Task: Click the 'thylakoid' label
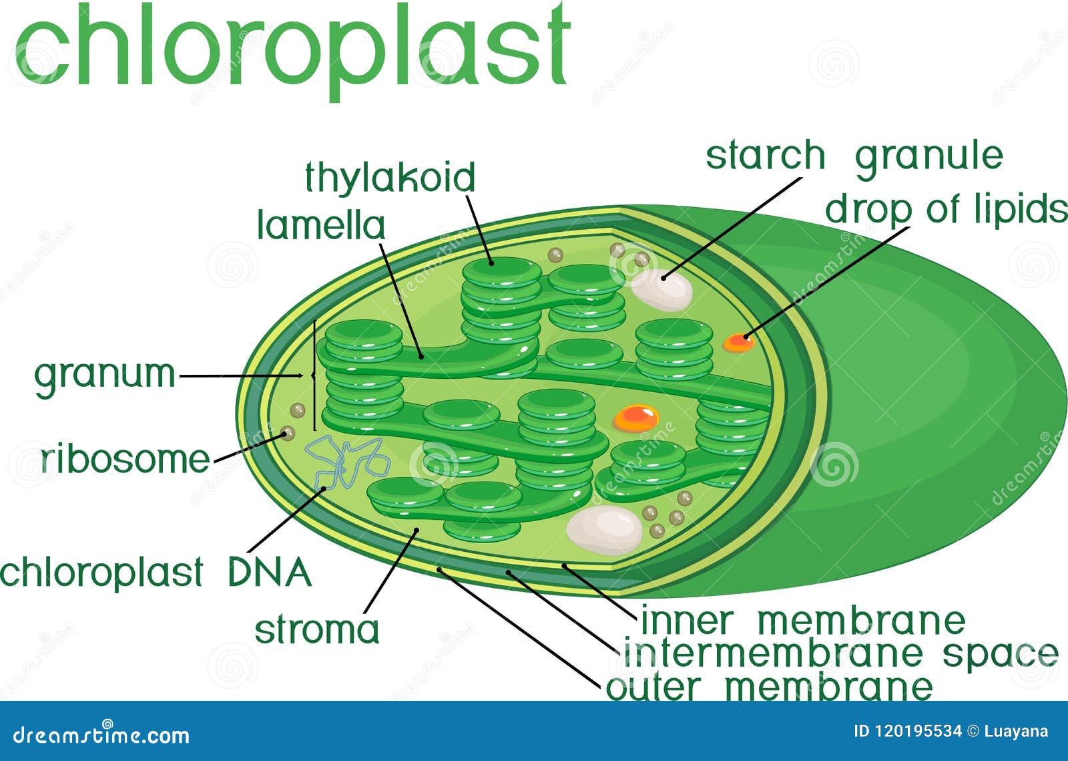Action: coord(390,177)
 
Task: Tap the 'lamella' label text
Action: coord(321,225)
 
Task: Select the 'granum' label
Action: coord(105,374)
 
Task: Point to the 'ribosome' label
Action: coord(125,460)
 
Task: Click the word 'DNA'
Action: coord(270,573)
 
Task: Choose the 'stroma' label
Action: coord(316,629)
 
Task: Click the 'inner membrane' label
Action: coord(802,621)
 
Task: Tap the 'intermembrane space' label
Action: coord(840,653)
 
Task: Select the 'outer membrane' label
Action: coord(768,686)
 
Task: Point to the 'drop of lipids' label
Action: coord(946,209)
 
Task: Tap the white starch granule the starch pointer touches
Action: coord(661,289)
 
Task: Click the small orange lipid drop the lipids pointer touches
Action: coord(738,343)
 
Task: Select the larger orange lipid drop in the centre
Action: coord(636,418)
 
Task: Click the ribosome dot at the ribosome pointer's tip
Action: coord(288,434)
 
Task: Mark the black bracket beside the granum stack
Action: coord(314,376)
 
